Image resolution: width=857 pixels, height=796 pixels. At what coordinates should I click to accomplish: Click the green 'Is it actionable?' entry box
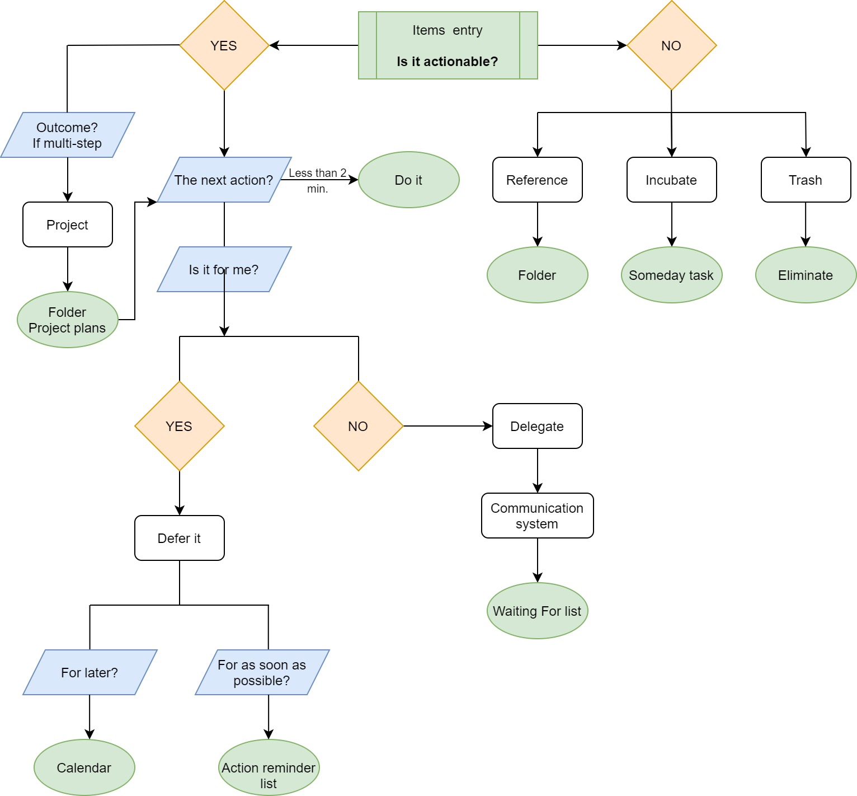pyautogui.click(x=448, y=45)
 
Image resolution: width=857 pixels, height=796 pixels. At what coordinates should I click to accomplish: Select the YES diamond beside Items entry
pyautogui.click(x=224, y=45)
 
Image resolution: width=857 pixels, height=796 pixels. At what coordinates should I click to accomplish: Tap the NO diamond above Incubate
pyautogui.click(x=671, y=45)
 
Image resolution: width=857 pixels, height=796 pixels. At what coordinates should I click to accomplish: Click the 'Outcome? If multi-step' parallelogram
pyautogui.click(x=67, y=135)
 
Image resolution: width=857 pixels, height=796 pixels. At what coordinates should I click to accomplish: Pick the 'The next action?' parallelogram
pyautogui.click(x=224, y=180)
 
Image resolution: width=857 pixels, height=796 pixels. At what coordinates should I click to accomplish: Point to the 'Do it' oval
pyautogui.click(x=408, y=180)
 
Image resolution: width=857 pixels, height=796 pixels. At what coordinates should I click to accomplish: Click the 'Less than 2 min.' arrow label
pyautogui.click(x=317, y=180)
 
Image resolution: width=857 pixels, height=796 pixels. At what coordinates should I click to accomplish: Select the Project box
pyautogui.click(x=67, y=224)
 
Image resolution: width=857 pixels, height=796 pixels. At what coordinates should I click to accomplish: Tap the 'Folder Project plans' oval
pyautogui.click(x=67, y=320)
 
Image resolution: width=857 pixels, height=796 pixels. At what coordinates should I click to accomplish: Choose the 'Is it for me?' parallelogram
pyautogui.click(x=224, y=269)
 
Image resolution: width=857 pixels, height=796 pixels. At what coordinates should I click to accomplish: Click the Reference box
pyautogui.click(x=537, y=180)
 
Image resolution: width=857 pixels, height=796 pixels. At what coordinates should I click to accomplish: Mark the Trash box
pyautogui.click(x=806, y=180)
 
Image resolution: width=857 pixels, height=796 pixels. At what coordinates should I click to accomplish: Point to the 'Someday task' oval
pyautogui.click(x=671, y=275)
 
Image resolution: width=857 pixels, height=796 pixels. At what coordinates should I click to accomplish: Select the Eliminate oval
pyautogui.click(x=806, y=275)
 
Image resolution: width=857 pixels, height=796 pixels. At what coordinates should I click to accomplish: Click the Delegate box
pyautogui.click(x=537, y=426)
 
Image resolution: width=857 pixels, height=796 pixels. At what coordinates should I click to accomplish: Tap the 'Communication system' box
pyautogui.click(x=537, y=516)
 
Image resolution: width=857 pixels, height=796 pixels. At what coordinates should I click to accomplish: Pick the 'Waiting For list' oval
pyautogui.click(x=537, y=611)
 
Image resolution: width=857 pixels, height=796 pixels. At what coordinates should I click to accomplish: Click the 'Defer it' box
pyautogui.click(x=179, y=538)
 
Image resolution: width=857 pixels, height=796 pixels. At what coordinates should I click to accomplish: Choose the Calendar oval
pyautogui.click(x=84, y=767)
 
